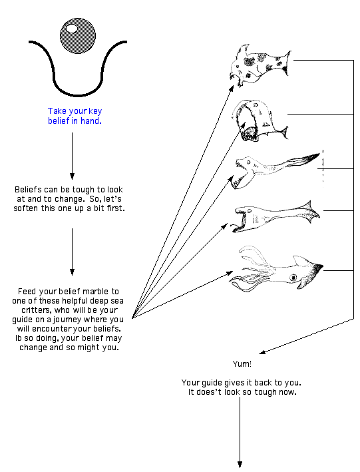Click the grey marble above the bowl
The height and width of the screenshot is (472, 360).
coord(78,36)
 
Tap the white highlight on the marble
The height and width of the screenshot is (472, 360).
coord(72,29)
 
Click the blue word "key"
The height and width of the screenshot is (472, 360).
coord(95,111)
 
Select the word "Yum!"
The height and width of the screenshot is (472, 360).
coord(242,364)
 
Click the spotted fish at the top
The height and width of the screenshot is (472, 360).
coord(259,66)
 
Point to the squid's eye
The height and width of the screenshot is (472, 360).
coord(293,277)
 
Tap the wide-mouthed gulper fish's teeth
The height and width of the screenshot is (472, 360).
coord(250,134)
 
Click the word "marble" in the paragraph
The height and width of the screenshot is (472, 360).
coord(95,292)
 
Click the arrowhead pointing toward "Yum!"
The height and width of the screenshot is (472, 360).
coord(262,352)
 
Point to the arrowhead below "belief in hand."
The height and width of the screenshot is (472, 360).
coord(72,176)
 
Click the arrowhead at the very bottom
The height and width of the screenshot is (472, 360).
coord(240,464)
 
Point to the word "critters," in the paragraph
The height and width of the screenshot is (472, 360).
coord(35,310)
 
